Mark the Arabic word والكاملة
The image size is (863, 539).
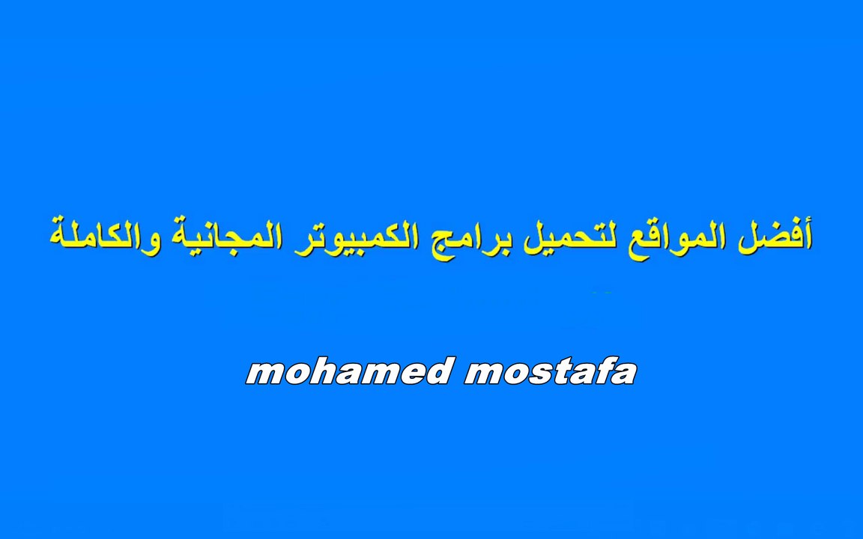tap(102, 235)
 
